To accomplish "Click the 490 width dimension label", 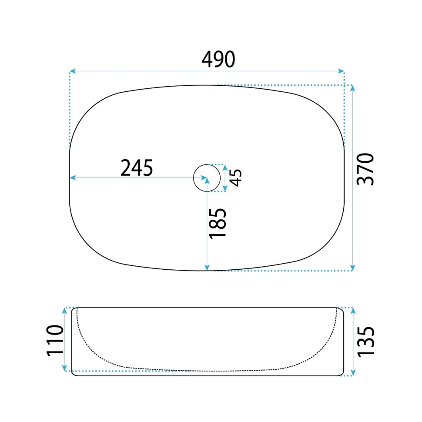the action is click(x=218, y=59).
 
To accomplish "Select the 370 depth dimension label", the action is click(x=365, y=169).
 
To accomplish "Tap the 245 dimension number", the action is click(x=137, y=167).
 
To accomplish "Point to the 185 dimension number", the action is click(x=218, y=223).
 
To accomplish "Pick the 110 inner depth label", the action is click(x=55, y=341).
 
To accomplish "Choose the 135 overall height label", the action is click(x=365, y=342).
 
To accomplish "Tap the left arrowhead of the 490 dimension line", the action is click(x=72, y=71).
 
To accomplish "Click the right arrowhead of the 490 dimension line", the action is click(x=341, y=71).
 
